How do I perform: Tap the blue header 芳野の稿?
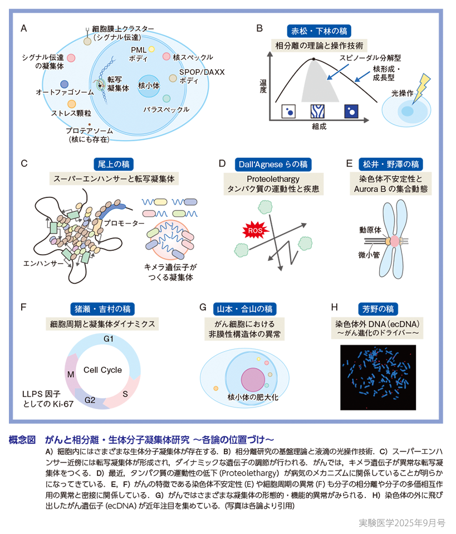[x=379, y=308]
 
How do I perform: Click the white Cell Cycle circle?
[x=102, y=370]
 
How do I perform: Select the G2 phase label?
[x=90, y=400]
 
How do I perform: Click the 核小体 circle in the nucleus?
[x=149, y=86]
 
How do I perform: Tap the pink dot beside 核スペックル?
[x=166, y=56]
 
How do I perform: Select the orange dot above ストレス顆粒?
[x=71, y=104]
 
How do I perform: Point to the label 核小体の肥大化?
[x=248, y=397]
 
